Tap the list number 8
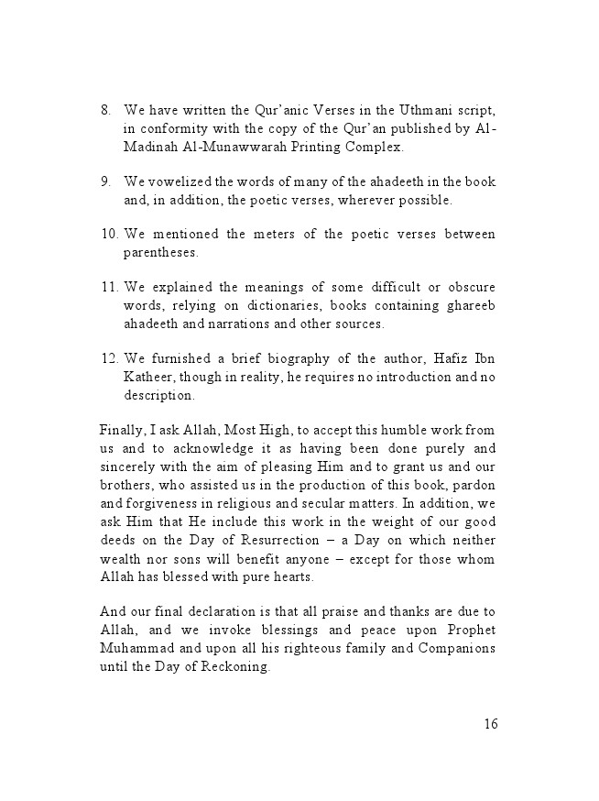105,110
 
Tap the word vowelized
180,181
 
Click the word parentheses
161,252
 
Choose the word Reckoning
233,666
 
